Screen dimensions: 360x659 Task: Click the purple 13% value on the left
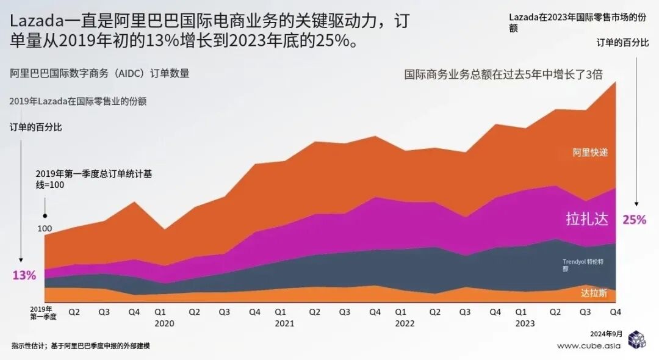pos(24,275)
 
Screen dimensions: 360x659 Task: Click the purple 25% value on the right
pos(634,220)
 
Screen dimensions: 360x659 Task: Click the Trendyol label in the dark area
pos(583,265)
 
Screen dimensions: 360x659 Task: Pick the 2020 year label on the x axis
pos(165,324)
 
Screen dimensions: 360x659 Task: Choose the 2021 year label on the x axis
pos(284,324)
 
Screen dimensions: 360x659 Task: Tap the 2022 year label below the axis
pos(405,324)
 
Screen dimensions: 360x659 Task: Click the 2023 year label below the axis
pos(525,324)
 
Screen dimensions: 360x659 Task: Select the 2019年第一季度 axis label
pos(43,313)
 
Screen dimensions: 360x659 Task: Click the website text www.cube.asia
pos(588,345)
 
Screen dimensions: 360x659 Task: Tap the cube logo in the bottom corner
pos(636,340)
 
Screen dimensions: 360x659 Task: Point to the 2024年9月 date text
pos(607,334)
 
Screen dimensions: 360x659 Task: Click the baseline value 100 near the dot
pos(45,229)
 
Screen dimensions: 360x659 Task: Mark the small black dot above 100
pos(45,215)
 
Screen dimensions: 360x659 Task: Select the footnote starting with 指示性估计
pos(81,345)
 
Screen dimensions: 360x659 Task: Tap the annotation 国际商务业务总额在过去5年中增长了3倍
pos(503,74)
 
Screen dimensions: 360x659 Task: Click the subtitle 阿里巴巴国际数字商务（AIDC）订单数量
pos(99,73)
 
